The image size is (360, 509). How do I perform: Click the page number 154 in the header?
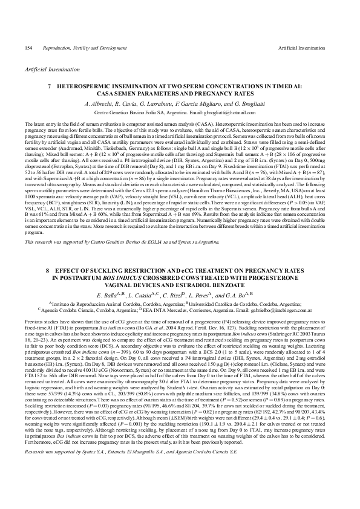point(28,48)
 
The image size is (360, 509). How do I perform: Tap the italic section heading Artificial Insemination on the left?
point(48,70)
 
